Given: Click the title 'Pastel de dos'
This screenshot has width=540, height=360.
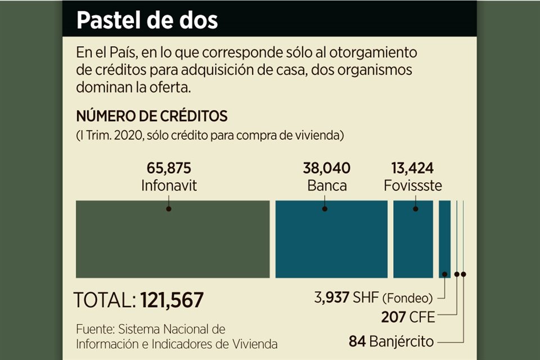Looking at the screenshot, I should pyautogui.click(x=147, y=20).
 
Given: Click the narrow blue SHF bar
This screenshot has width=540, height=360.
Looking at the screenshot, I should pyautogui.click(x=444, y=239).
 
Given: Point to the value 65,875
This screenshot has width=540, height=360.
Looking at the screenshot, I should pyautogui.click(x=169, y=168).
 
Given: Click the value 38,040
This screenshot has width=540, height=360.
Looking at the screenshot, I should pyautogui.click(x=326, y=168).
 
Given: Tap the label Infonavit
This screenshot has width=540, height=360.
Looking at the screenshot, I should pyautogui.click(x=169, y=185).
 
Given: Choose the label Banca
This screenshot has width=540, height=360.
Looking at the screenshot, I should pyautogui.click(x=326, y=185).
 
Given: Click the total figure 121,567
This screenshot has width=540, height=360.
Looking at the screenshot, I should pyautogui.click(x=172, y=300).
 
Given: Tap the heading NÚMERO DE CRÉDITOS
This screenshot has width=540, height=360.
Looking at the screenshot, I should pyautogui.click(x=151, y=116).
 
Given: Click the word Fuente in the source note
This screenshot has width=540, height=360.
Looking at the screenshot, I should pyautogui.click(x=93, y=328).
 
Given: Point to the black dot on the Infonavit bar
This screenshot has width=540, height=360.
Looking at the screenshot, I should pyautogui.click(x=168, y=209).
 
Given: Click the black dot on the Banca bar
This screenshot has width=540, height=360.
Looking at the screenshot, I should pyautogui.click(x=325, y=209).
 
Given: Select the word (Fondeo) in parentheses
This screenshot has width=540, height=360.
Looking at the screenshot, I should pyautogui.click(x=412, y=298).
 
